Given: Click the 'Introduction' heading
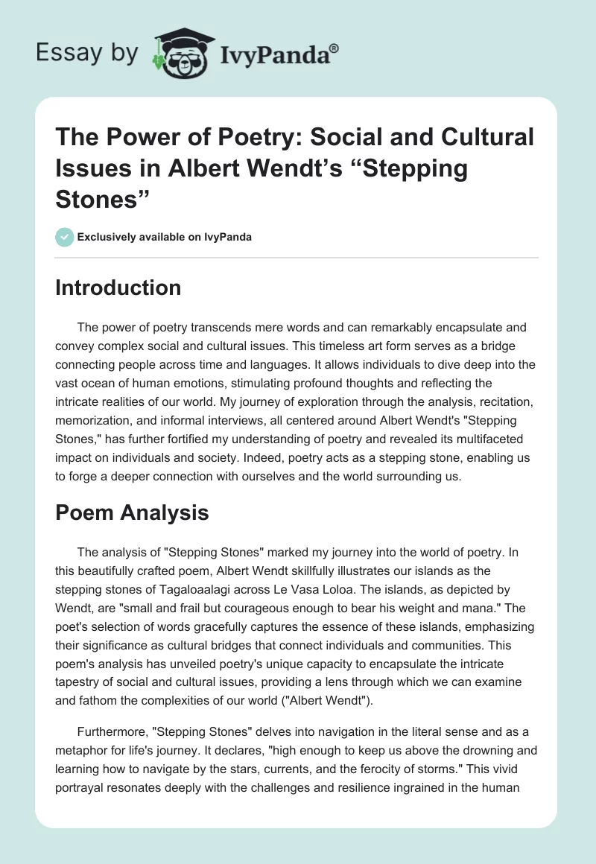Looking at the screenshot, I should (118, 288).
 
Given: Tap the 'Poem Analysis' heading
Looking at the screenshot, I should (132, 512).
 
